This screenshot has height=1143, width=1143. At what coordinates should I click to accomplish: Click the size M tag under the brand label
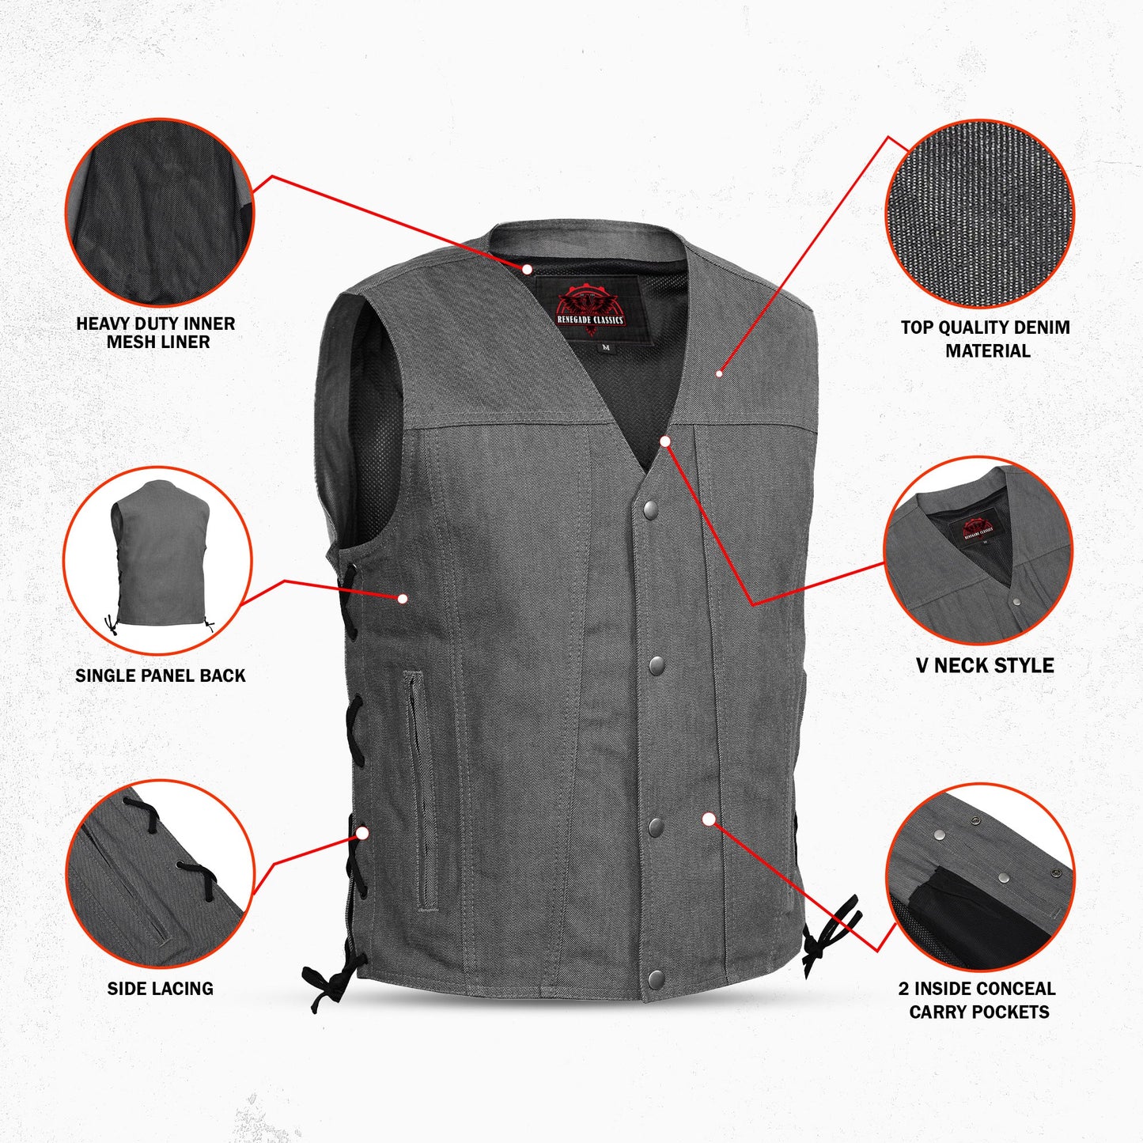(606, 347)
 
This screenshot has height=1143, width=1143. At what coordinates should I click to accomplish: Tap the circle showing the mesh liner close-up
(159, 212)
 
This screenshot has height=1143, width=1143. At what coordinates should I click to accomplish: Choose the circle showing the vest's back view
(157, 560)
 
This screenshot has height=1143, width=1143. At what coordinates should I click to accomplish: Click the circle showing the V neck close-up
(978, 551)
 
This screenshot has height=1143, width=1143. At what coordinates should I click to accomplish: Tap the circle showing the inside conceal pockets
(979, 877)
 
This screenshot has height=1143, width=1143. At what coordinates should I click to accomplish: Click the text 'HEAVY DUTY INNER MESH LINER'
(156, 333)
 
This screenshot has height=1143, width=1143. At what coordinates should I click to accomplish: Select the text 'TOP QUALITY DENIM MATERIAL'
(986, 339)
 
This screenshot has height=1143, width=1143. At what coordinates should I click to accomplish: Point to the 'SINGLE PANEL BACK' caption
(161, 676)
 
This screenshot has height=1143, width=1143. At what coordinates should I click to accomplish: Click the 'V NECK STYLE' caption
(985, 665)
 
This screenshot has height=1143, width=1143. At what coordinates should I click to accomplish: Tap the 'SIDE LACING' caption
(161, 988)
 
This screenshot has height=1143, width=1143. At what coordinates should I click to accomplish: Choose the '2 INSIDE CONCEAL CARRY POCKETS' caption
(978, 1000)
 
